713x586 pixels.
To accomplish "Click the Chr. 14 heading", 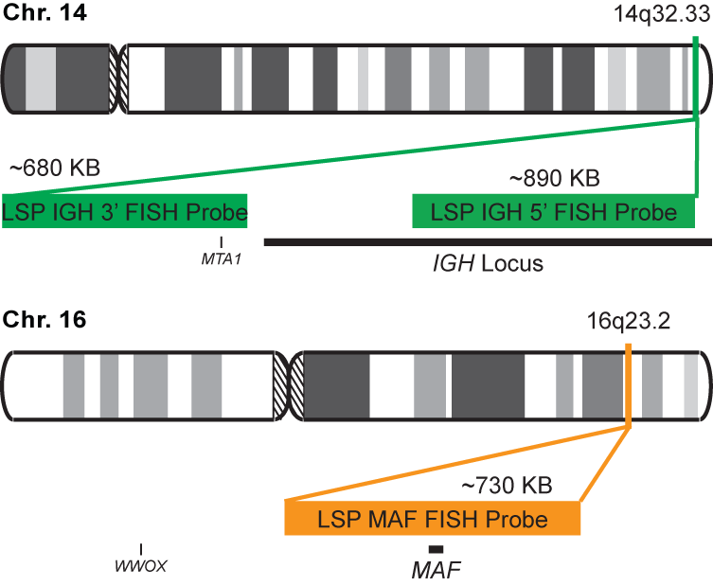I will pyautogui.click(x=45, y=14).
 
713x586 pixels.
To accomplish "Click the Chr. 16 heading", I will pyautogui.click(x=45, y=320).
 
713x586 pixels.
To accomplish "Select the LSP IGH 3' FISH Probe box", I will pyautogui.click(x=125, y=212).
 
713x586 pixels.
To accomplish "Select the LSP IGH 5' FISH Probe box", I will pyautogui.click(x=554, y=212).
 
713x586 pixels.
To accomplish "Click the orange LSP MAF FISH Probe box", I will pyautogui.click(x=432, y=519).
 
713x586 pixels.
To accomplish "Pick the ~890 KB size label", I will pyautogui.click(x=555, y=178).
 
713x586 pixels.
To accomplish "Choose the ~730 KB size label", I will pyautogui.click(x=506, y=486).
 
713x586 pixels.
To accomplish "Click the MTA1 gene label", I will pyautogui.click(x=222, y=257).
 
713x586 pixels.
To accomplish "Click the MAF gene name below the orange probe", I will pyautogui.click(x=436, y=571).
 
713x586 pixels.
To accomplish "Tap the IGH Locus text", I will pyautogui.click(x=482, y=263).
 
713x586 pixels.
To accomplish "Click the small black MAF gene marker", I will pyautogui.click(x=436, y=549).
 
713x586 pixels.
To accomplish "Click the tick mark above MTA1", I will pyautogui.click(x=222, y=242).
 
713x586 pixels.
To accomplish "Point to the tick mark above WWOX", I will pyautogui.click(x=141, y=549).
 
